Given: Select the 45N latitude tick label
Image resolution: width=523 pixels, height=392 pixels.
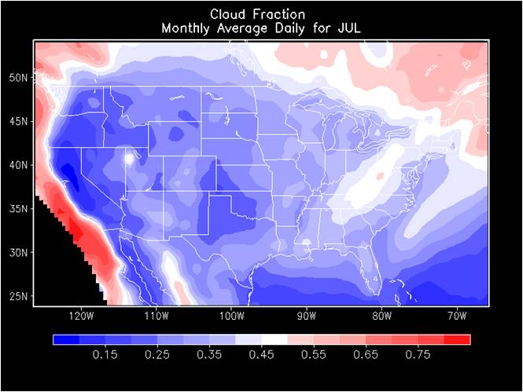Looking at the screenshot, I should pos(20,121).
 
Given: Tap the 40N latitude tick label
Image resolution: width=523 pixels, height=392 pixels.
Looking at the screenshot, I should pos(20,165).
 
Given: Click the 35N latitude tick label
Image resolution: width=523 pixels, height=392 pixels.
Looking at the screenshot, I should pos(20,209).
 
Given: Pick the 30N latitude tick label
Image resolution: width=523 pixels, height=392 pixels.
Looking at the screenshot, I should pos(20,253).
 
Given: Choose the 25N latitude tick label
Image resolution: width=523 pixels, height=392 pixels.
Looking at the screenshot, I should pos(20,296).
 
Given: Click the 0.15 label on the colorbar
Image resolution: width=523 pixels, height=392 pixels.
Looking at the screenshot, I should pos(105,355).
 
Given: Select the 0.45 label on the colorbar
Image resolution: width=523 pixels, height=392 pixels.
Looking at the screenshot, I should pos(262,355).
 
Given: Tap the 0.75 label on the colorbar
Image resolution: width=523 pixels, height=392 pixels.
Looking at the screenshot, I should pos(418,355).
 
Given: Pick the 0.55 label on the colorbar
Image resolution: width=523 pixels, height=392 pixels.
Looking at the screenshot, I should pos(314,355).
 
